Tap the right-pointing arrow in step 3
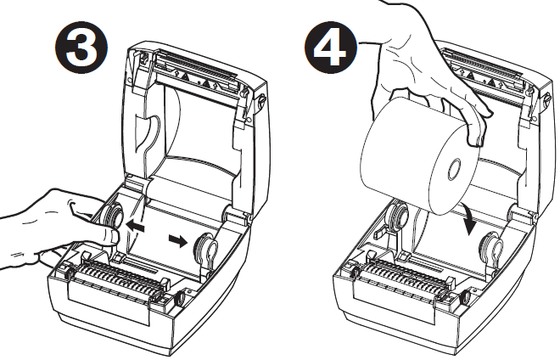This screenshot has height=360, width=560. [176, 240]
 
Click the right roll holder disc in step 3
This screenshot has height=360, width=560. [206, 250]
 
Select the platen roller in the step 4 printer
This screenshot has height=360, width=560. [399, 277]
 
